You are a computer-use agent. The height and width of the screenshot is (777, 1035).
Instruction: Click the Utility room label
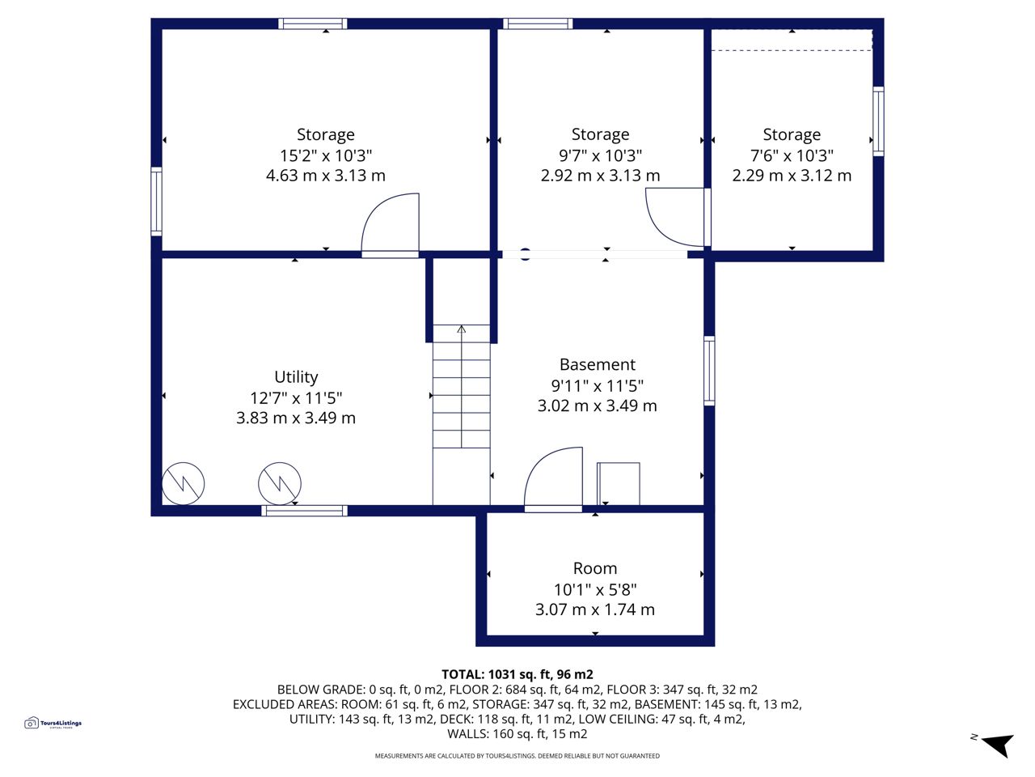point(296,377)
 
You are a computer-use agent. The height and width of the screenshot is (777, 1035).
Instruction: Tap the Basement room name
point(598,365)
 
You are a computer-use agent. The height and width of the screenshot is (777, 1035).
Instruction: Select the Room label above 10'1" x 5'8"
point(595,568)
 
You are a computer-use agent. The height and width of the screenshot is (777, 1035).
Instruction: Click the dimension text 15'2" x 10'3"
point(326,155)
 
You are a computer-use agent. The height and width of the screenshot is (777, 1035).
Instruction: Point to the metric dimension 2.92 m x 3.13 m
point(600,176)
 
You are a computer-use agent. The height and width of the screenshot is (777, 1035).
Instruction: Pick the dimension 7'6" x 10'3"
point(792,155)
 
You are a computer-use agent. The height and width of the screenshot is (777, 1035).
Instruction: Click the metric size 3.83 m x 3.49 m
point(296,418)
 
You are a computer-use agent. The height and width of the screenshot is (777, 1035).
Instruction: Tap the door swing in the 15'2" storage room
point(390,225)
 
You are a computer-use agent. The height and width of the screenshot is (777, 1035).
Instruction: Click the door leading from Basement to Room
point(553,479)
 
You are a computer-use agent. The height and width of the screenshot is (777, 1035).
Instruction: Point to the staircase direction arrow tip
point(461,326)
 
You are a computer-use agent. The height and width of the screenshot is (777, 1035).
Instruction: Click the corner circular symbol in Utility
point(183,483)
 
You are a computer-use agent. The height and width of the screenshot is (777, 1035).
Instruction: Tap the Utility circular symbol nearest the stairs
point(280,483)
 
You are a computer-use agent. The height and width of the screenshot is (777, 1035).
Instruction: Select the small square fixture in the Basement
point(619,483)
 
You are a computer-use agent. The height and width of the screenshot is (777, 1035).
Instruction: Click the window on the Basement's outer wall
point(709,371)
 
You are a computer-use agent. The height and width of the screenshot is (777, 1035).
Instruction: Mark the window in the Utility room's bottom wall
point(305,511)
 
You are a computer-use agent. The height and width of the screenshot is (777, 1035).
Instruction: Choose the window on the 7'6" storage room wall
point(878,121)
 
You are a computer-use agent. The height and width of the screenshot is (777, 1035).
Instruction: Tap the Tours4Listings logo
point(53,723)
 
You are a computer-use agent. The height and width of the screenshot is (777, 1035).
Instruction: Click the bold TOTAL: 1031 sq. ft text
point(517,675)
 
